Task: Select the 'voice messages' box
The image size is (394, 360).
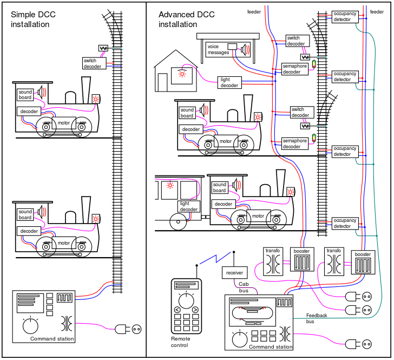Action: (218, 50)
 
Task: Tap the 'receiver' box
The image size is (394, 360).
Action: (234, 273)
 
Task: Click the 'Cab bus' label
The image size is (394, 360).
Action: (244, 287)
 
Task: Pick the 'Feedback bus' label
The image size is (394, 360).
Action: (317, 318)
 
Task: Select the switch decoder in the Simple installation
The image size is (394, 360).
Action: (93, 63)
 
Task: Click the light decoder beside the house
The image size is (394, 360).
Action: (229, 82)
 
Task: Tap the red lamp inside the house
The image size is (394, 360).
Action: (182, 74)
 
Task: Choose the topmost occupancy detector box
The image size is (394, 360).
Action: (344, 16)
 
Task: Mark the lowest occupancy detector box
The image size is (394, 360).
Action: (345, 223)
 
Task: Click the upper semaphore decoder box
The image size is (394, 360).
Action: (295, 69)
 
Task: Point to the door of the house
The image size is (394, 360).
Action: (162, 82)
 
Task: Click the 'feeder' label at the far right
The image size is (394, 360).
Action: (377, 11)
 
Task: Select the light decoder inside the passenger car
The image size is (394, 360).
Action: (189, 206)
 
